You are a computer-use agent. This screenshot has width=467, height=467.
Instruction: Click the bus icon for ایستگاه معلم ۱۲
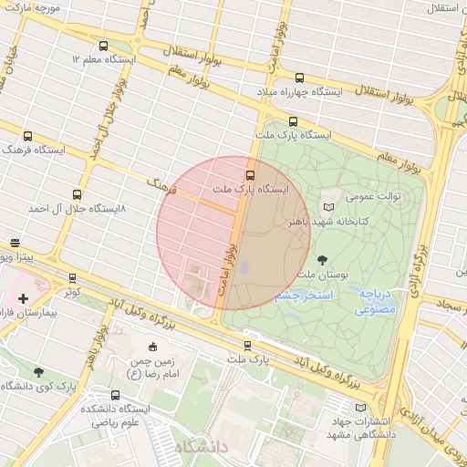103,45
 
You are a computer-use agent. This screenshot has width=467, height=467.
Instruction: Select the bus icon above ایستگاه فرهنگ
27,136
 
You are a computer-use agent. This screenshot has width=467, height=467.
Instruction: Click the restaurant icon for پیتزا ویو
15,244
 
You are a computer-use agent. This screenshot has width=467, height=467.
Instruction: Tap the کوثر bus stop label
72,293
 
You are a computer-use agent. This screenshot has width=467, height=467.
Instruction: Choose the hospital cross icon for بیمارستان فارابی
23,298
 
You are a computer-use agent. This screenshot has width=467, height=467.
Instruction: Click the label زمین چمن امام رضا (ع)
151,368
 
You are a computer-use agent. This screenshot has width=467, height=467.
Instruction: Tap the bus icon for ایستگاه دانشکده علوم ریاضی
115,395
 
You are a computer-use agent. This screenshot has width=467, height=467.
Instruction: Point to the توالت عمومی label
369,195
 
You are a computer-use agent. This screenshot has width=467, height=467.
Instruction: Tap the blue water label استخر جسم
304,296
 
